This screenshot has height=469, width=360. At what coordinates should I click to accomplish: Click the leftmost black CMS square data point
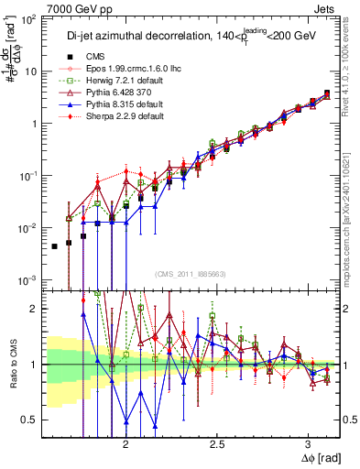[x=55, y=245]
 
